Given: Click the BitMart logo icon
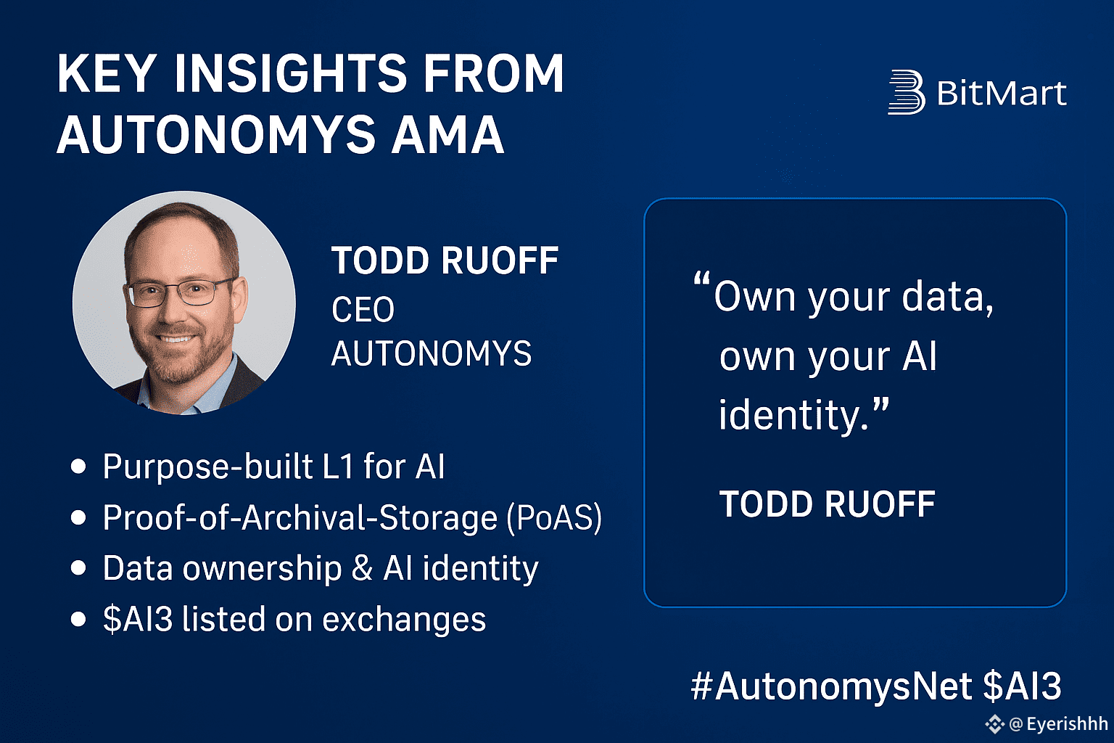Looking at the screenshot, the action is point(907,92).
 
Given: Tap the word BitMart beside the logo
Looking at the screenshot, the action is point(1002,93).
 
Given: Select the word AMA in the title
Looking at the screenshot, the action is point(447,135).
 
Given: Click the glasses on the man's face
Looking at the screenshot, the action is point(178,292).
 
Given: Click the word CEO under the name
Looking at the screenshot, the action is point(363,310).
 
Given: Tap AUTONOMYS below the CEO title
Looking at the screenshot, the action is point(432,353).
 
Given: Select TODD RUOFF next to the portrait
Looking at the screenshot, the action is point(445,260).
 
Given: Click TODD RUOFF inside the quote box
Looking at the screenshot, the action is point(828,504).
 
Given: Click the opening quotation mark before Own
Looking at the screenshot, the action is point(702,279).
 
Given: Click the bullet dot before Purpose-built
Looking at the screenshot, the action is point(78,467).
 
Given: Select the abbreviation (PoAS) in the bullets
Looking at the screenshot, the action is point(554,518).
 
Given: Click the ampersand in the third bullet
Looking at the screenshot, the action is point(362,568).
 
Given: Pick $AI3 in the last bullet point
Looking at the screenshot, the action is point(138,620).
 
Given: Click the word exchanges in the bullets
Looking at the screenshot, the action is point(404,620).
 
